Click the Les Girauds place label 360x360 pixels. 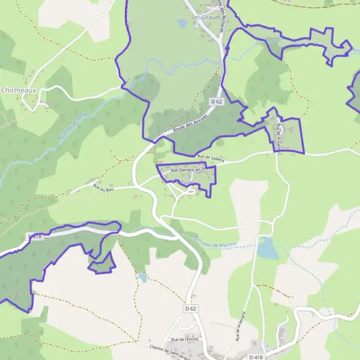(x=205, y=17)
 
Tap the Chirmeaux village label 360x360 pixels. (x=18, y=90)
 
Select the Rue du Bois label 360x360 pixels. (x=104, y=189)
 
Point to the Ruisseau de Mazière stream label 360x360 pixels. (x=216, y=241)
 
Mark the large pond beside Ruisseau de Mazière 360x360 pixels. (x=268, y=248)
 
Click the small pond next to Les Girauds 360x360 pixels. (x=182, y=23)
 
